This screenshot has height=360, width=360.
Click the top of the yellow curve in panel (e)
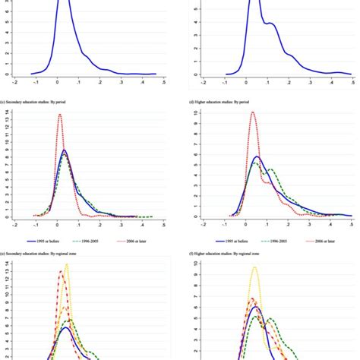[x=67, y=265]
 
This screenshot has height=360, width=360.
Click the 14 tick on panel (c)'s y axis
[x=7, y=112]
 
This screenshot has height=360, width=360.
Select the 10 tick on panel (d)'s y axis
[x=196, y=112]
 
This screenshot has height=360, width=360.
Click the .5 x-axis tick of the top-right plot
[x=352, y=83]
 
